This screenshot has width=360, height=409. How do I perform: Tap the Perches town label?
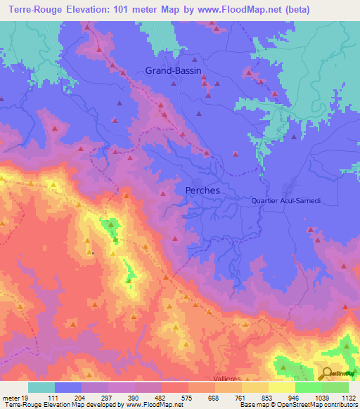[202, 190]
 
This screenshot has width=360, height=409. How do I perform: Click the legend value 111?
[54, 397]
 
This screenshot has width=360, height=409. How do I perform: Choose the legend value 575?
[187, 397]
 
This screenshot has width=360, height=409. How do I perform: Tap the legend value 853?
[267, 397]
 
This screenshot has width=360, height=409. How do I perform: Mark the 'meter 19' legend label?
[15, 397]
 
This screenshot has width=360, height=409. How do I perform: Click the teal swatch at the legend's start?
[41, 387]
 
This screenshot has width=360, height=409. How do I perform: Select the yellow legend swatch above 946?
[281, 387]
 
